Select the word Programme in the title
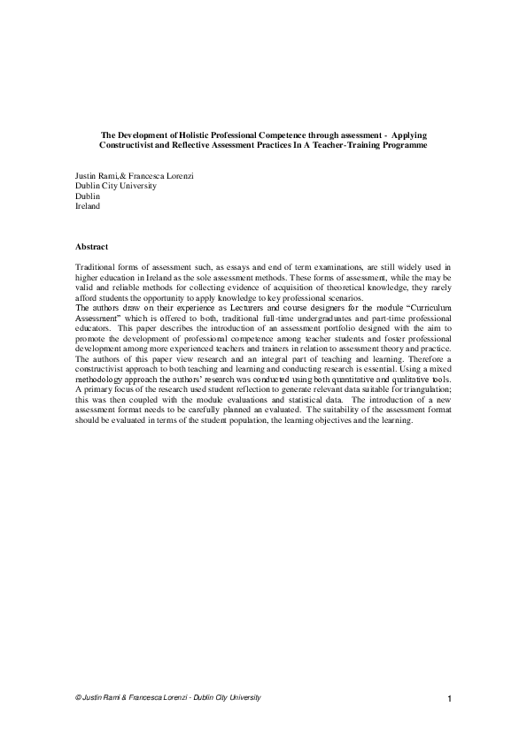coord(401,143)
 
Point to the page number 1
coord(450,700)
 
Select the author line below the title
coord(135,176)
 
